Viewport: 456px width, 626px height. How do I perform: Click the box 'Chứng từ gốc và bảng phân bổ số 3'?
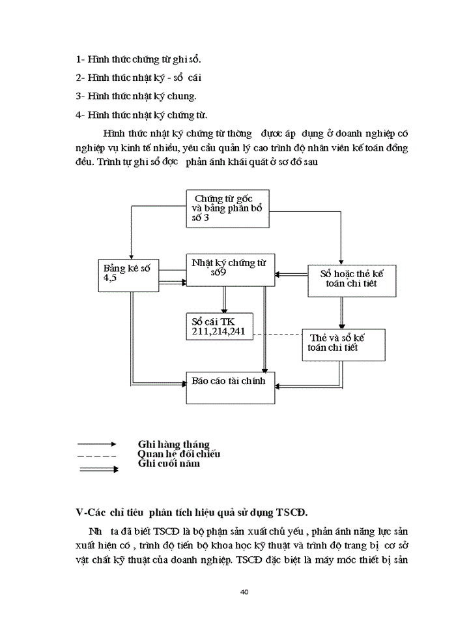(227, 208)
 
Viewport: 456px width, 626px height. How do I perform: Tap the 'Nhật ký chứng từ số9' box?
(228, 268)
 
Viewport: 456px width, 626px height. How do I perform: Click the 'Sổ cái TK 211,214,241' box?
(219, 326)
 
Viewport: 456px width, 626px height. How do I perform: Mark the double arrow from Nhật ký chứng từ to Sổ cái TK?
(223, 299)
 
